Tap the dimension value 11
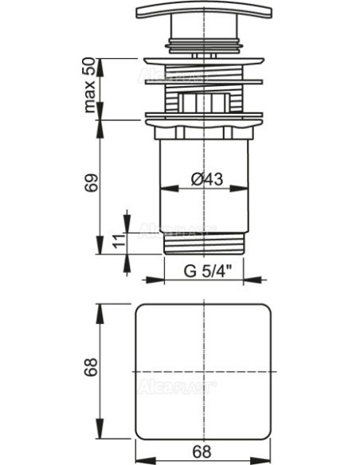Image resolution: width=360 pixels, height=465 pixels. pyautogui.click(x=117, y=242)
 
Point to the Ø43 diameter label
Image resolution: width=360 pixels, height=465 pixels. pyautogui.click(x=208, y=181)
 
